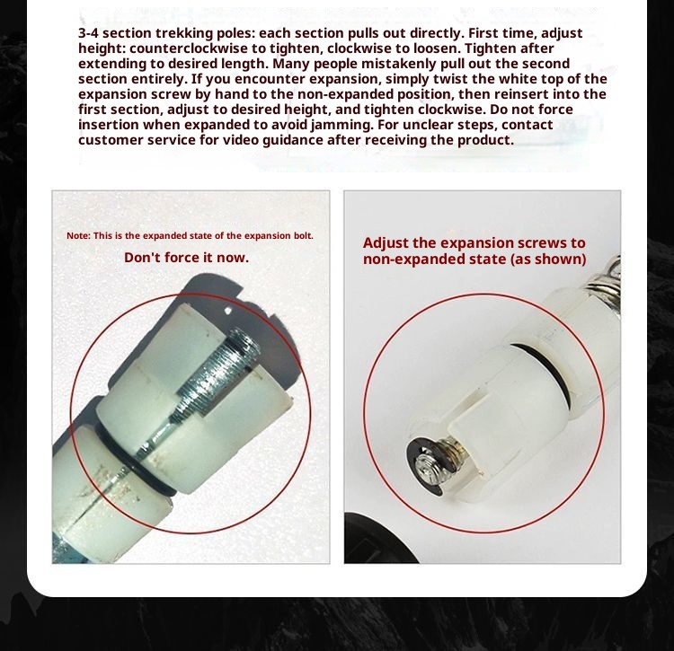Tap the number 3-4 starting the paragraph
[89, 33]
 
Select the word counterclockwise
[189, 48]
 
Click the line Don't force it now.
[187, 258]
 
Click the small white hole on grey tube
[228, 311]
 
